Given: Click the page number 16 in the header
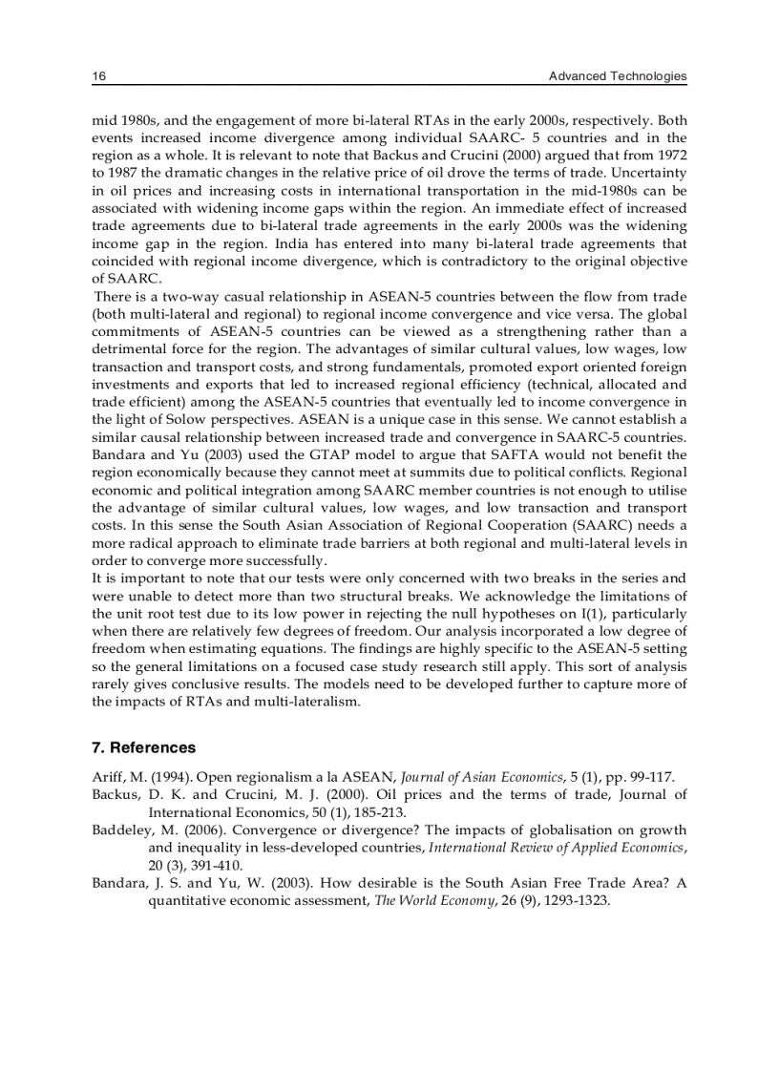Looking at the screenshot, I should tap(97, 76).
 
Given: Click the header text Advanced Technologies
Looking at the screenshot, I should tap(618, 76).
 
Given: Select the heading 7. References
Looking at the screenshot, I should tap(143, 747).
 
